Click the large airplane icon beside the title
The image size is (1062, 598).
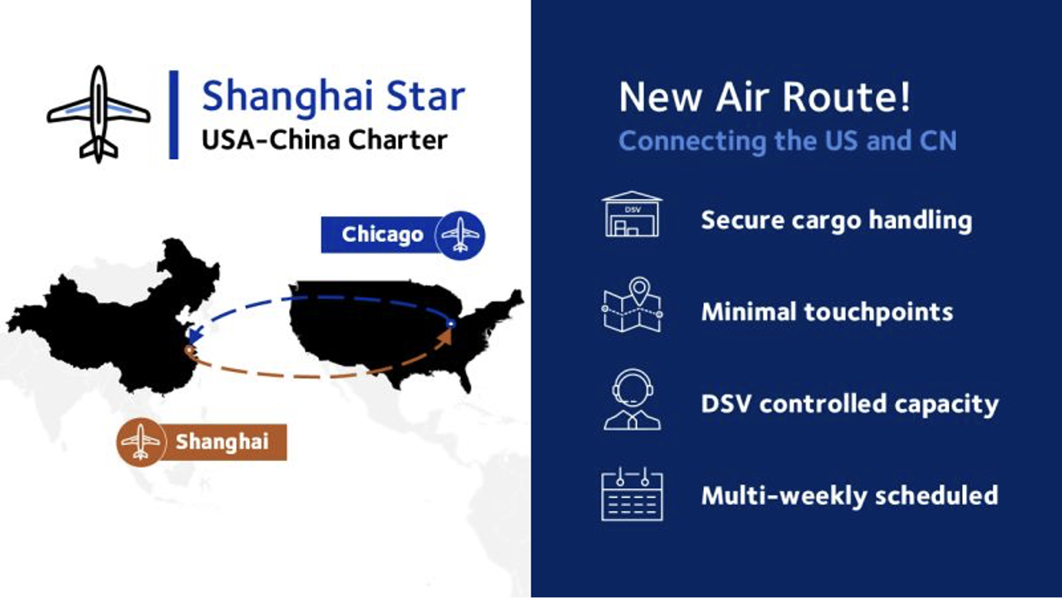coord(99,114)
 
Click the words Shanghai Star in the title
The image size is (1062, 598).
coord(334,96)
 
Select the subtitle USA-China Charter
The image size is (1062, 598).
coord(324,140)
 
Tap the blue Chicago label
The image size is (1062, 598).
coord(382,235)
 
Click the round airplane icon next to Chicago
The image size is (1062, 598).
coord(460,236)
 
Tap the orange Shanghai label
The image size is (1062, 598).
coord(222,442)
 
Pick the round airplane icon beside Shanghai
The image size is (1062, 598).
coord(141,442)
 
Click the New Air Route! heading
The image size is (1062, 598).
coord(765,96)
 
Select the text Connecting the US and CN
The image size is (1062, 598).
coord(787,141)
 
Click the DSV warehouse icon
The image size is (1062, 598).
coord(632,214)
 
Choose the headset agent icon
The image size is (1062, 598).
coord(632,399)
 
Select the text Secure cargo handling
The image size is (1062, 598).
coord(836,220)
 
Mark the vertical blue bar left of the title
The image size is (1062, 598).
coord(174,114)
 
